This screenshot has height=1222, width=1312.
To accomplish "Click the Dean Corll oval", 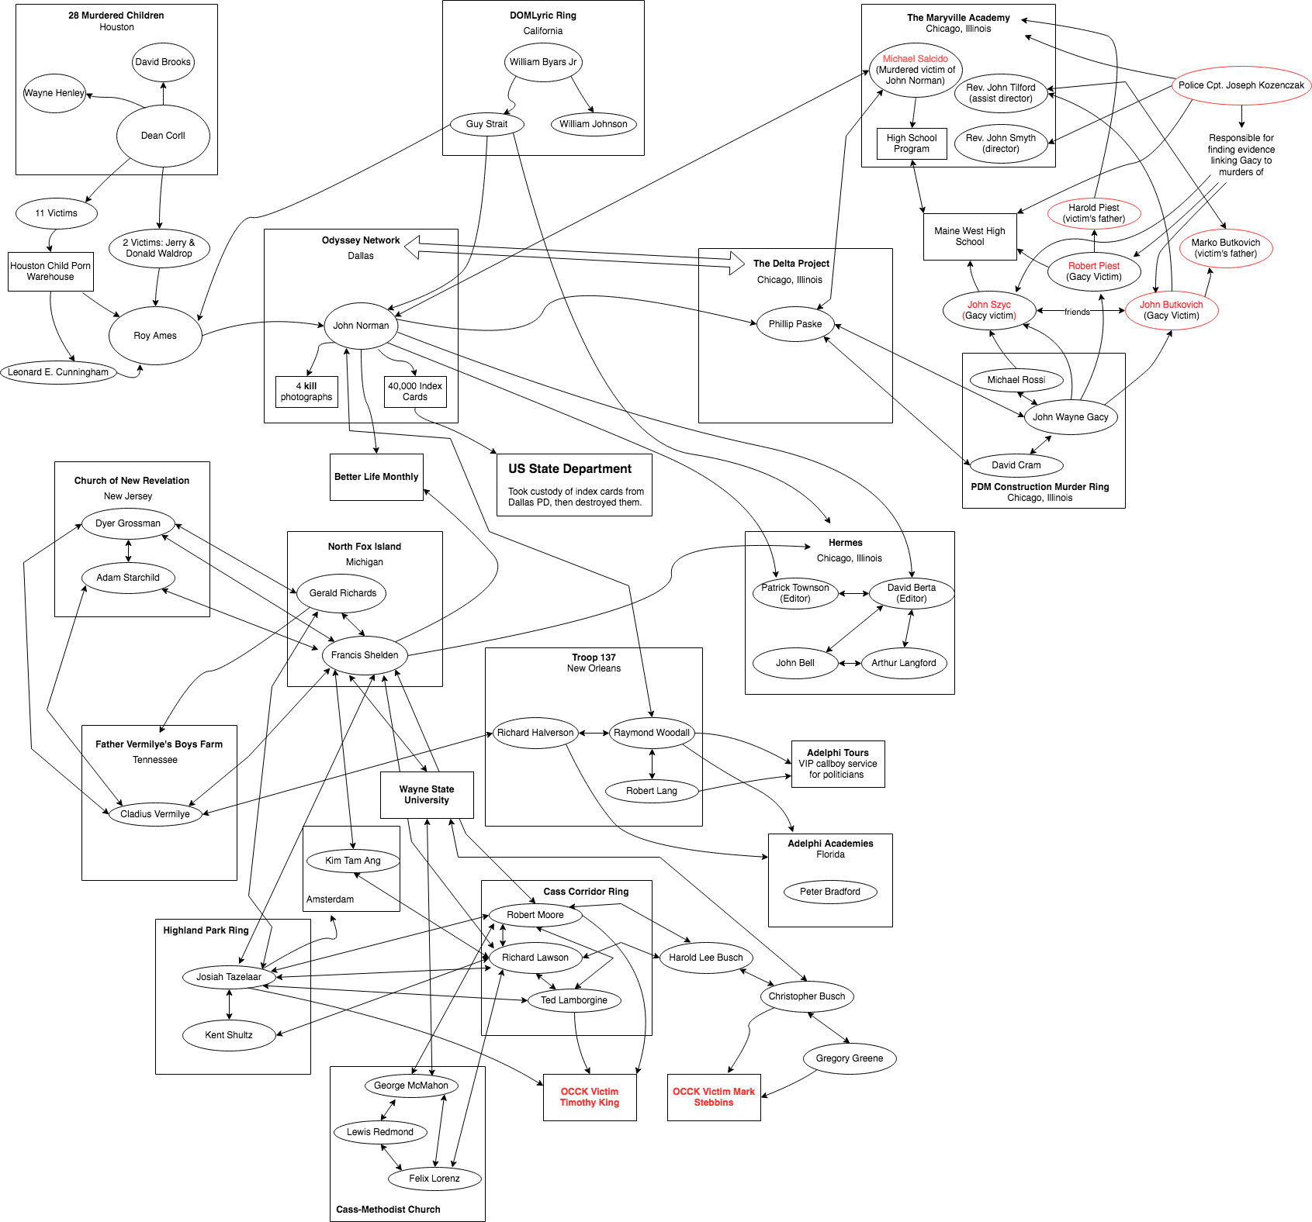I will [163, 136].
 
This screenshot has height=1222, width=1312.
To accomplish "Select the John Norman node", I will [361, 326].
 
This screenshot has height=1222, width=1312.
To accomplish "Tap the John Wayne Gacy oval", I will [1071, 417].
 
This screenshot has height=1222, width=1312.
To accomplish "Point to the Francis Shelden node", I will [365, 655].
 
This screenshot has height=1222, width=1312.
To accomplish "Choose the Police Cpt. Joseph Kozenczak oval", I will [1241, 85].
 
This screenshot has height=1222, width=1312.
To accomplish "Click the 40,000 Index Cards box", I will [415, 392].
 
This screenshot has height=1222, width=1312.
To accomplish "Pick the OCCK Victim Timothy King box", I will [590, 1097].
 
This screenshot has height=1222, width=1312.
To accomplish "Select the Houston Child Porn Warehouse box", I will [50, 271].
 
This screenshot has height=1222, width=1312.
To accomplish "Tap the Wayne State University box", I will [427, 795].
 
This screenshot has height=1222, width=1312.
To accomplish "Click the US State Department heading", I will [570, 469].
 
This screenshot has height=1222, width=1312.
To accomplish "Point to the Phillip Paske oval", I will [795, 324].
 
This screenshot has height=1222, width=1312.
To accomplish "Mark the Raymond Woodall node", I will [652, 733].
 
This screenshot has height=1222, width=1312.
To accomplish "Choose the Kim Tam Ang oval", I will [353, 861].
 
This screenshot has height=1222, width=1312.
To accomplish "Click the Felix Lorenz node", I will [434, 1179].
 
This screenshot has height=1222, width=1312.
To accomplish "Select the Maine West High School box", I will [970, 236].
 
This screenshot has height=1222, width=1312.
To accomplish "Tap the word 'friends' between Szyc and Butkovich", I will [1077, 312].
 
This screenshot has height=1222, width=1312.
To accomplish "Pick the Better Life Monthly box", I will [376, 477].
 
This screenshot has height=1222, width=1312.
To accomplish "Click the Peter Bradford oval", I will [830, 892].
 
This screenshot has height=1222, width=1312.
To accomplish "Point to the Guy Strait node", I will [486, 124].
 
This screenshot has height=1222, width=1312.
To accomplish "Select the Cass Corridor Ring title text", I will [586, 892].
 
